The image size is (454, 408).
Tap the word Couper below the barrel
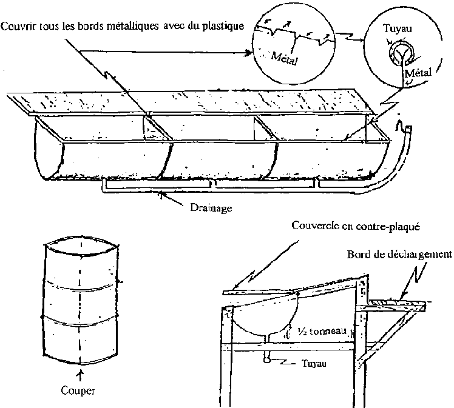tap(78, 390)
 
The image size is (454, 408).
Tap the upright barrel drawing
tap(80, 301)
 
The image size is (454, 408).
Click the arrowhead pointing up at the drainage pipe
tap(160, 195)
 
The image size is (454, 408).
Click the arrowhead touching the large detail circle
tap(251, 53)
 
